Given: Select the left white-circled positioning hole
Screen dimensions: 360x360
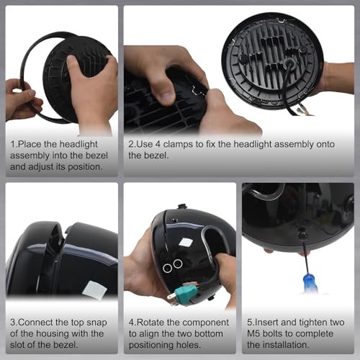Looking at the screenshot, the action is click(x=167, y=268).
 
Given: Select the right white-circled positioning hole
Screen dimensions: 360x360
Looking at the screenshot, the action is click(x=178, y=264).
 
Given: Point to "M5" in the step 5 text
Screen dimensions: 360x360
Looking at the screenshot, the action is click(x=253, y=333).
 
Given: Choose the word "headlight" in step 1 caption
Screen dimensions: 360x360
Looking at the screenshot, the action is click(x=78, y=144).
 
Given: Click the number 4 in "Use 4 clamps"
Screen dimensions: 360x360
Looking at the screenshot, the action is click(x=158, y=144).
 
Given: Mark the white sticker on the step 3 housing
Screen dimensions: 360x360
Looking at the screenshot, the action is click(x=94, y=290).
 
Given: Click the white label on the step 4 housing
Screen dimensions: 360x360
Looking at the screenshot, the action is click(x=185, y=243).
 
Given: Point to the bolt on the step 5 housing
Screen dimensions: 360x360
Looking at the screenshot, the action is click(x=303, y=234).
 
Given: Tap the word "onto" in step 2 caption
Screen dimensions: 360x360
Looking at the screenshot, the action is click(x=325, y=145).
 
